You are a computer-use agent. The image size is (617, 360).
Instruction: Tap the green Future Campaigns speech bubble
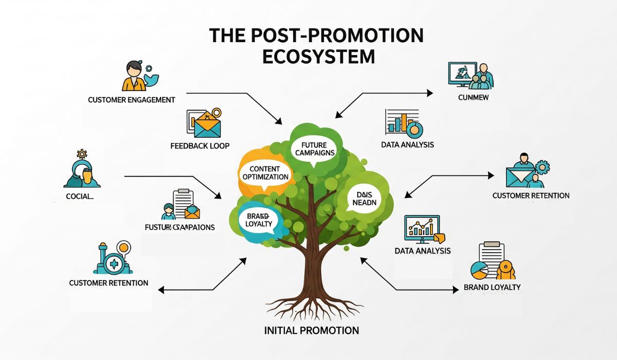pyautogui.click(x=313, y=149)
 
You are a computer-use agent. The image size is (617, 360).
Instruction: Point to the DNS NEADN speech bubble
pyautogui.click(x=365, y=198)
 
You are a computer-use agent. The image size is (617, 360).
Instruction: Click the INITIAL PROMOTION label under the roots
pyautogui.click(x=312, y=330)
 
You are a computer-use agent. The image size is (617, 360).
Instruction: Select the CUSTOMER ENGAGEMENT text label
pyautogui.click(x=132, y=99)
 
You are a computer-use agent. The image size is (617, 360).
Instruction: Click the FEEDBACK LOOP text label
pyautogui.click(x=199, y=146)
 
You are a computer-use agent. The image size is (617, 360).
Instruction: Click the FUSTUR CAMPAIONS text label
pyautogui.click(x=180, y=227)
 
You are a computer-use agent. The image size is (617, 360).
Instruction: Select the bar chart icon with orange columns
pyautogui.click(x=403, y=122)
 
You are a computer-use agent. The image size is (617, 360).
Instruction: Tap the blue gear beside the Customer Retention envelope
pyautogui.click(x=542, y=167)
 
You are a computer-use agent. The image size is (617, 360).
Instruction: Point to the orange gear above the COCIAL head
pyautogui.click(x=81, y=153)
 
